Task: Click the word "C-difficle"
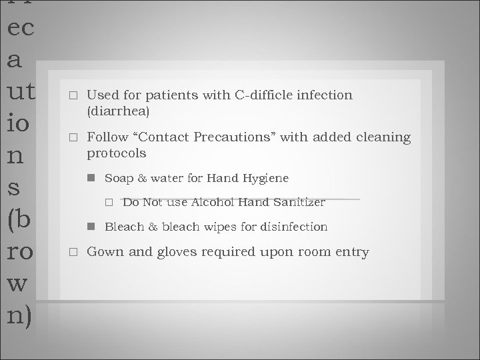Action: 263,95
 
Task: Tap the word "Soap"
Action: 118,178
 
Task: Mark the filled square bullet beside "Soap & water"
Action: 90,179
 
